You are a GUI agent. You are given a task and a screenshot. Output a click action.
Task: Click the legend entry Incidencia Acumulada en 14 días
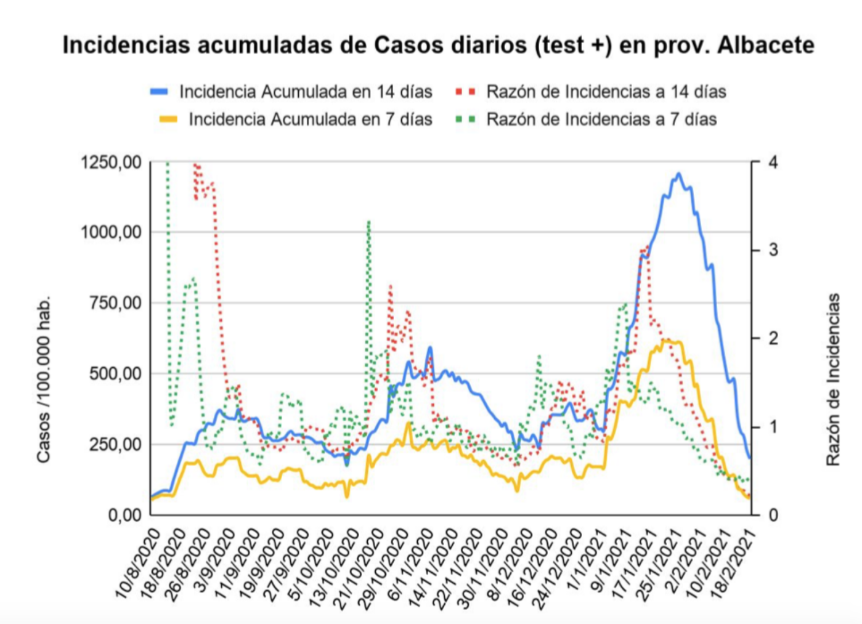[305, 92]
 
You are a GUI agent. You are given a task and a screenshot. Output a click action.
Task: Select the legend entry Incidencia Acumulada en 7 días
[310, 120]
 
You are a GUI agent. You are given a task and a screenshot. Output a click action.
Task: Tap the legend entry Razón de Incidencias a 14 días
[606, 92]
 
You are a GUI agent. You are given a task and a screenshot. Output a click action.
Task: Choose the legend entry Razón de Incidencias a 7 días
[601, 120]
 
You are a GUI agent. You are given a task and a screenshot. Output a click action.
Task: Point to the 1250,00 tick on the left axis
[111, 163]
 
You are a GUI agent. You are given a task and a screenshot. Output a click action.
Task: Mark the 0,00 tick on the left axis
[125, 515]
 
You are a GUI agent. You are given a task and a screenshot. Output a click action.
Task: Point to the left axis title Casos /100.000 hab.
[44, 379]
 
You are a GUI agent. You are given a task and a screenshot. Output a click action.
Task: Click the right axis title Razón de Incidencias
[833, 379]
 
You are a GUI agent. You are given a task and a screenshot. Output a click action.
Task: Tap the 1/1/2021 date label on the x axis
[587, 560]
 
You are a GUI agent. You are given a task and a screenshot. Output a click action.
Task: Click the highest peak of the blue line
[679, 174]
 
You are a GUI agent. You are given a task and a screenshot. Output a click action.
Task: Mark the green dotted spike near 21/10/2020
[368, 221]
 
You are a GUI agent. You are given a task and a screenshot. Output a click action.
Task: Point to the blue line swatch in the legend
[159, 92]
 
